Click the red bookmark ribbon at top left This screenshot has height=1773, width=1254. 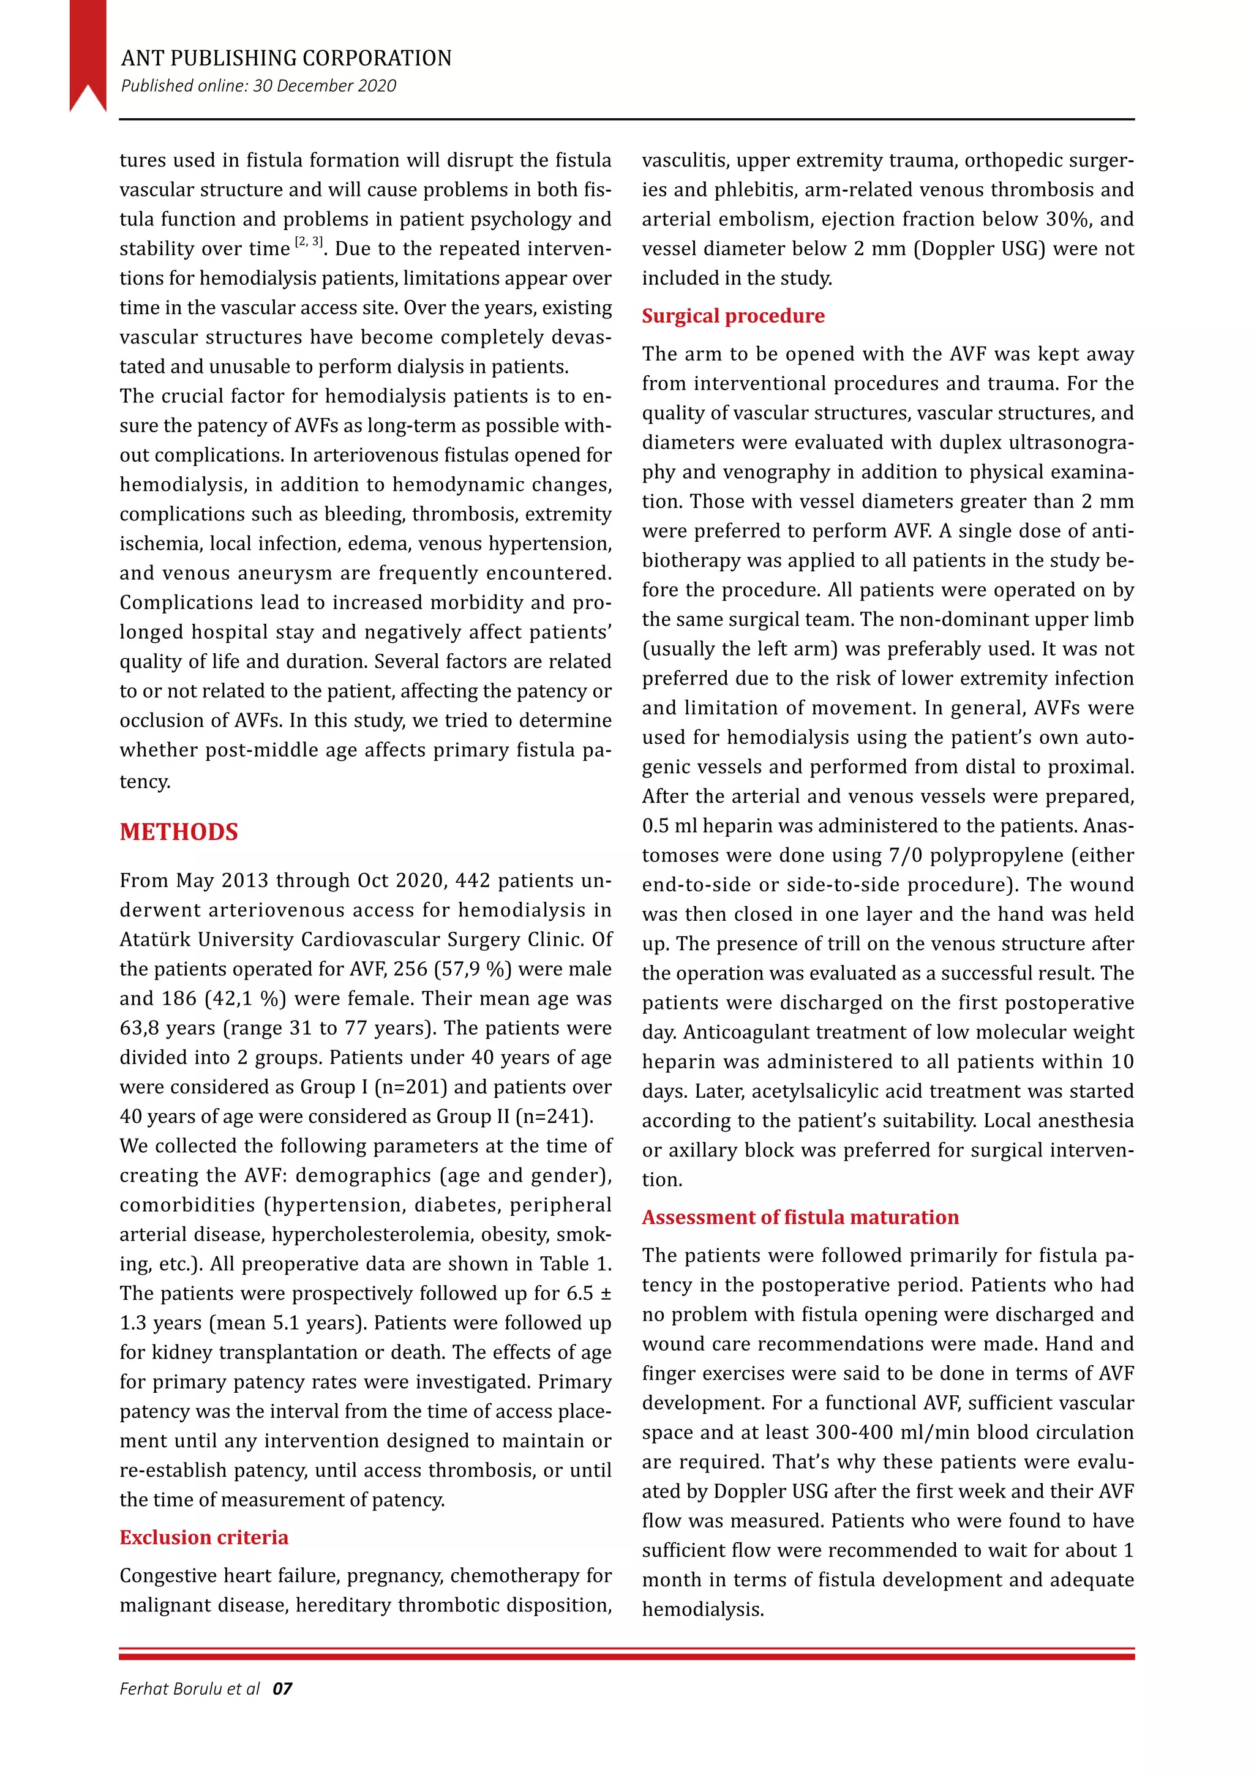pyautogui.click(x=88, y=50)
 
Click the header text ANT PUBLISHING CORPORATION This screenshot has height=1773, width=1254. pyautogui.click(x=286, y=59)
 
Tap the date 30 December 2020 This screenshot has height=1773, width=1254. pyautogui.click(x=325, y=86)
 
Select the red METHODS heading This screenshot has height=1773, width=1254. pyautogui.click(x=178, y=831)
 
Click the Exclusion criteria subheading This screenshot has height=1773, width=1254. pyautogui.click(x=204, y=1537)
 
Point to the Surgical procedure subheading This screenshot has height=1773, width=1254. pyautogui.click(x=733, y=316)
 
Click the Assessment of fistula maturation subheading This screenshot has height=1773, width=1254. pyautogui.click(x=800, y=1217)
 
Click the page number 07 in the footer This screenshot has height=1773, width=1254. pyautogui.click(x=283, y=1689)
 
